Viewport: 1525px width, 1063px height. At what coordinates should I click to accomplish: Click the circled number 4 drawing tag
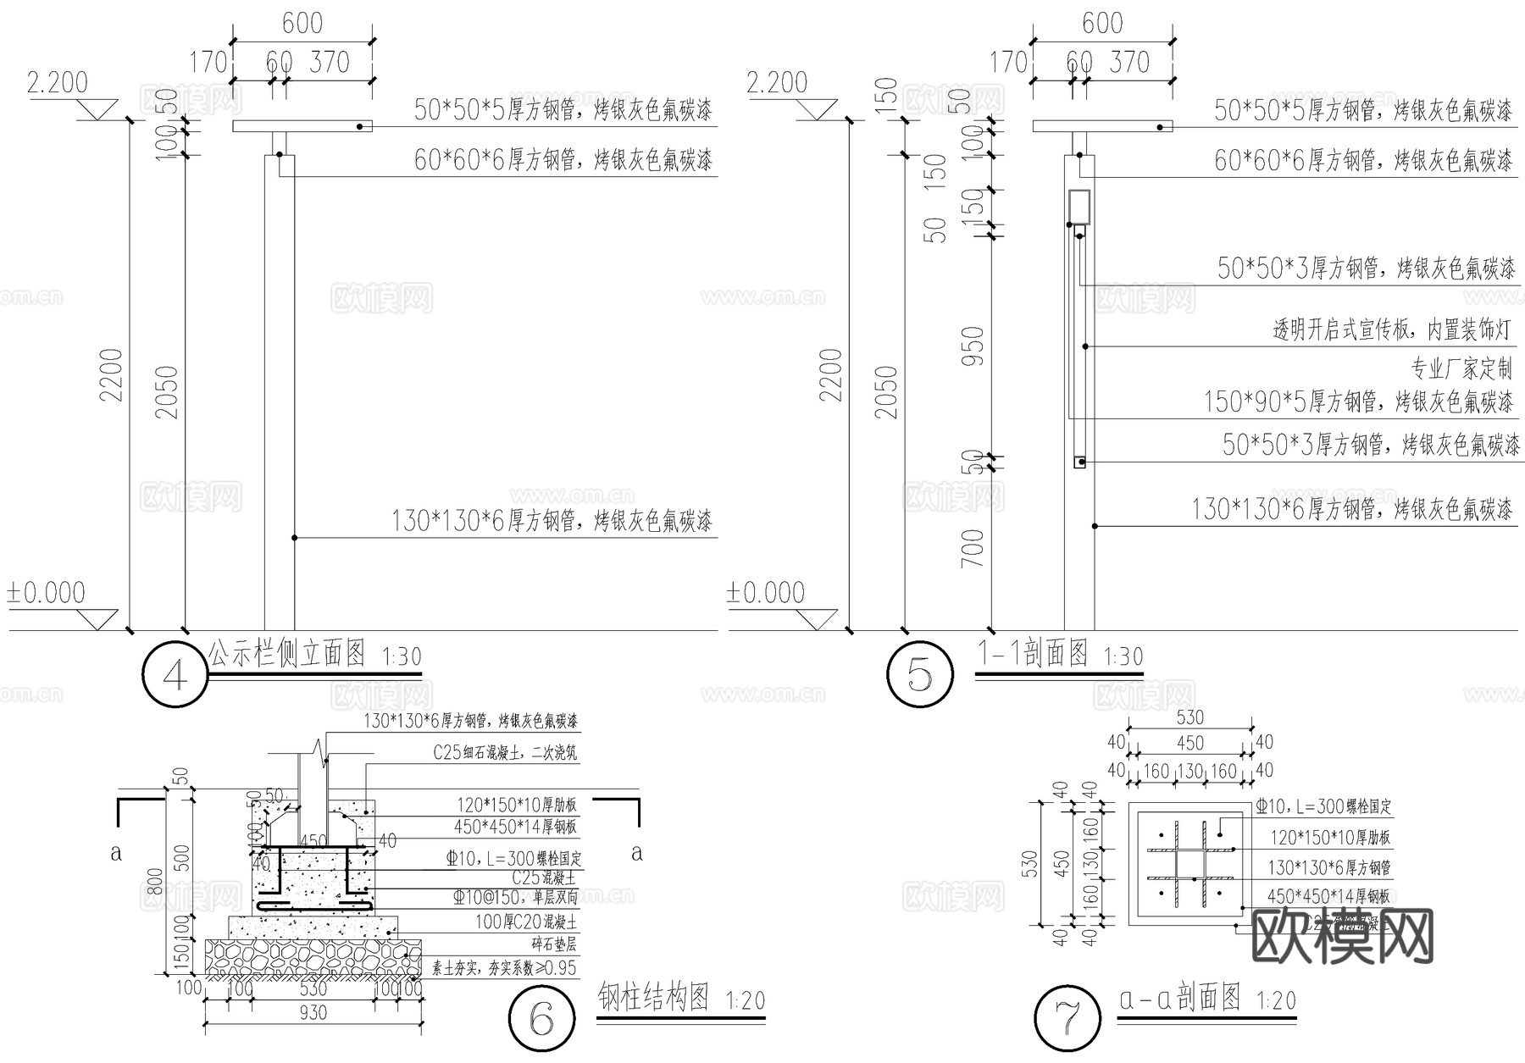175,675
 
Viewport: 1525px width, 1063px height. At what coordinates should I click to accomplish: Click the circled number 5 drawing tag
919,675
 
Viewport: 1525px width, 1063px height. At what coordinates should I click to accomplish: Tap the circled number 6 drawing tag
542,1019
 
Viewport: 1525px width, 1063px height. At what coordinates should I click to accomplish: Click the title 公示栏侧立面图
287,653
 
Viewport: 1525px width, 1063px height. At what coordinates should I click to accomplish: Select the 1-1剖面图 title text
1033,653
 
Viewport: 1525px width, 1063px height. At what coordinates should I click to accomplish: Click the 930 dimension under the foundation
313,1013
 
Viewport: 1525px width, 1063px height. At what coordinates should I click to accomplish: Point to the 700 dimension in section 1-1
974,548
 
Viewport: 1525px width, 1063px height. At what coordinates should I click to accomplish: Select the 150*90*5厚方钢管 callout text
1358,401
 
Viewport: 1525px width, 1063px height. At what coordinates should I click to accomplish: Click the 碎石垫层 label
554,945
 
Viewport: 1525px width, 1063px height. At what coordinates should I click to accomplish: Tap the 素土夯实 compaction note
504,968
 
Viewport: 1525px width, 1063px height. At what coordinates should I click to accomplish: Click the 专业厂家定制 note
1461,368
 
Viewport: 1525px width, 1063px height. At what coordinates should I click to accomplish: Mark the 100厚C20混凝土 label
525,922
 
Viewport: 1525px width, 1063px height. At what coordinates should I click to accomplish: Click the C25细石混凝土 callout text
506,753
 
